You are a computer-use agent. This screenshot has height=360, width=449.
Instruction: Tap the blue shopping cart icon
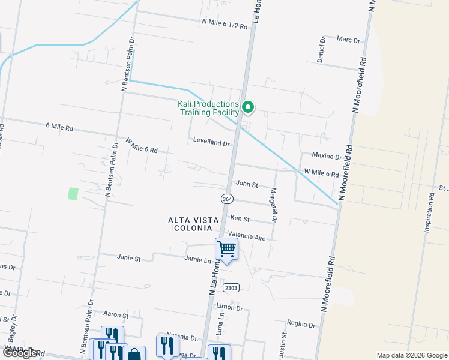click(226, 248)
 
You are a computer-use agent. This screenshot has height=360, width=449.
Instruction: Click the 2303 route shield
click(231, 288)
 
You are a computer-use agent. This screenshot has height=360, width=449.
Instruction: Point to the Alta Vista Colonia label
click(190, 224)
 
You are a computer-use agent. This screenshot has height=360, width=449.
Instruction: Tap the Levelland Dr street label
click(212, 143)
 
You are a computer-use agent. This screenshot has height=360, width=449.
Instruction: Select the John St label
click(247, 184)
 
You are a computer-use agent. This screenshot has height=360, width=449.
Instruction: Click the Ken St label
click(239, 220)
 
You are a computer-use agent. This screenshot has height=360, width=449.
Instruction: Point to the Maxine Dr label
click(327, 157)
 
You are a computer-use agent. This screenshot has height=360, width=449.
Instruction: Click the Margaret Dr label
click(274, 205)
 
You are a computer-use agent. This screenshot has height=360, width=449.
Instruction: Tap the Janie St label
click(128, 259)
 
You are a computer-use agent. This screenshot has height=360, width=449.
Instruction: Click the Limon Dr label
click(231, 308)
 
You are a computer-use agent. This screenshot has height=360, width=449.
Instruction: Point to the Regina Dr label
click(301, 325)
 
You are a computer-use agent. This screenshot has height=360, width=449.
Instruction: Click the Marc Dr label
click(348, 40)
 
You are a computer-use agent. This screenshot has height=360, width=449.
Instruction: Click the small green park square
click(73, 194)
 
